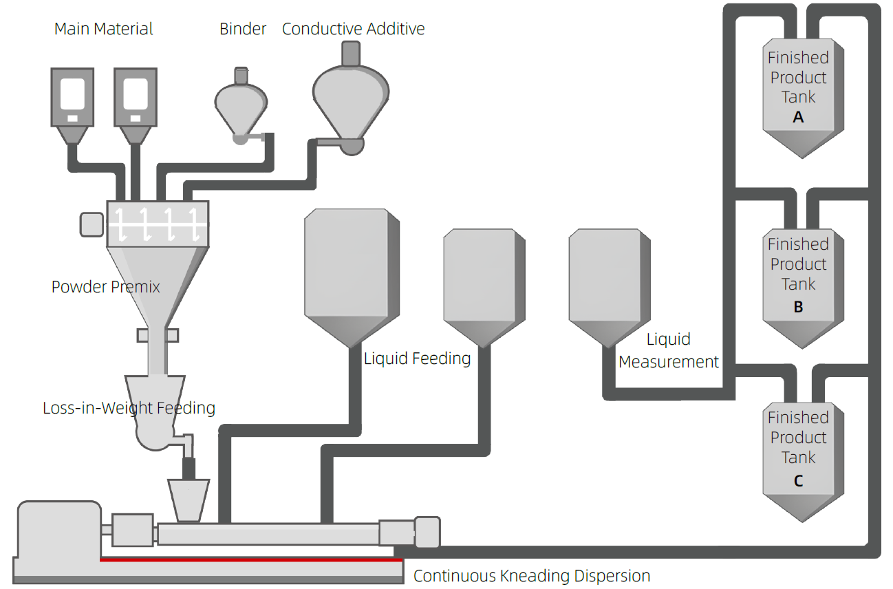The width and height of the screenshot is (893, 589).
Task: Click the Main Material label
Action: (103, 29)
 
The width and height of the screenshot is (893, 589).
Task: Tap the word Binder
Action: (243, 29)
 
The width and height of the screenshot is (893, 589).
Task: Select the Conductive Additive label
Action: (353, 29)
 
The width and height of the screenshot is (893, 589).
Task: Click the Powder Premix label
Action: (105, 286)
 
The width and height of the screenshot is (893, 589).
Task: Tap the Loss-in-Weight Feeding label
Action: (129, 407)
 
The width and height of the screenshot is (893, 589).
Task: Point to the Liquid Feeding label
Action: (417, 358)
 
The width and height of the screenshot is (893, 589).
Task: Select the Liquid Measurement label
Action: (669, 351)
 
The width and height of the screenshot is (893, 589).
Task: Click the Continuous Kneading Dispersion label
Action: (531, 576)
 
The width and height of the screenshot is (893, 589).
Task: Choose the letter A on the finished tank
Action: (798, 118)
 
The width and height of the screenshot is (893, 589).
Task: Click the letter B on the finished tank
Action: (798, 307)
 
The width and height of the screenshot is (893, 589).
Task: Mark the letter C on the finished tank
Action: (798, 481)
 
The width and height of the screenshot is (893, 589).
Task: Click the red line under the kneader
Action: (251, 560)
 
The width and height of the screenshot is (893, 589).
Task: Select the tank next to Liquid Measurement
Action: (609, 282)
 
